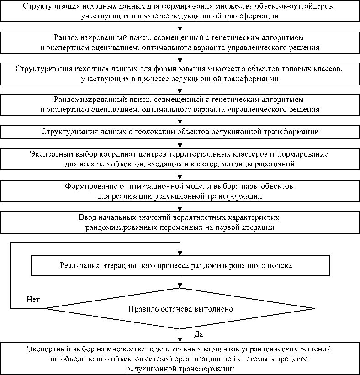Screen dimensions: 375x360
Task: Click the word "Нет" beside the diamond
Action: [33, 300]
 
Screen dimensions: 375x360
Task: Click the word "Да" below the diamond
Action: [198, 335]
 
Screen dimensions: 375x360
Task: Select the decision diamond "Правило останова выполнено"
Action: [180, 309]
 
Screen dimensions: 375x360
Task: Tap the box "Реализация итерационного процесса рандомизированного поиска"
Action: [180, 265]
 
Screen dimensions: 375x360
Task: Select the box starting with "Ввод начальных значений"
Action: [180, 222]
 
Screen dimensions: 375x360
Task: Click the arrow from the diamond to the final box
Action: [180, 335]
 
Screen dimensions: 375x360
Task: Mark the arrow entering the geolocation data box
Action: [180, 121]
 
